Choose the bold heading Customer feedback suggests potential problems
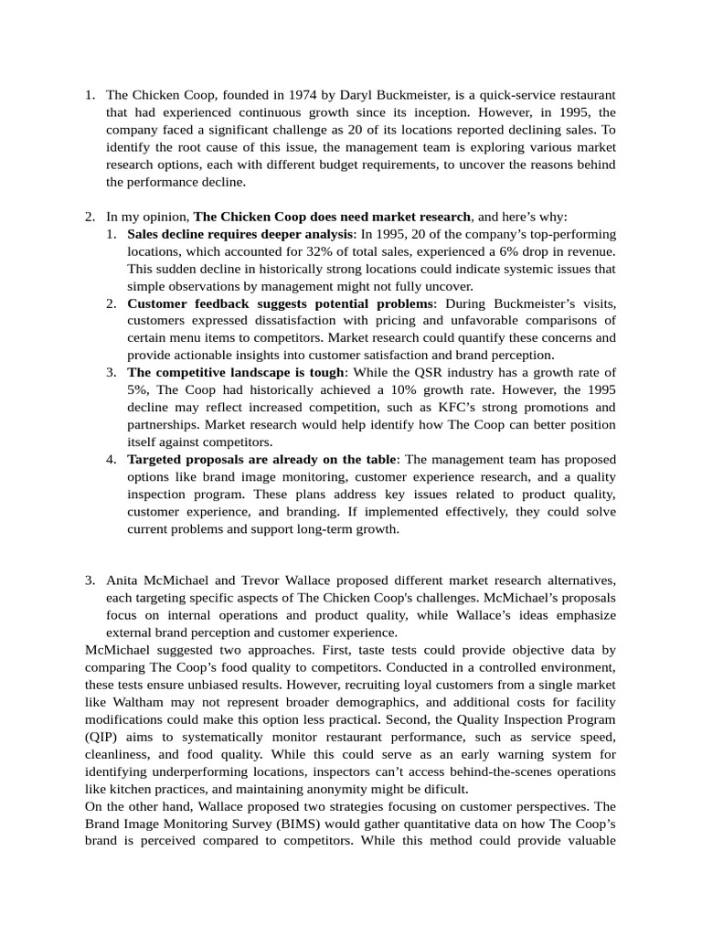pyautogui.click(x=280, y=303)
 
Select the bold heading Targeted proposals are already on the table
pyautogui.click(x=262, y=460)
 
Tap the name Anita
pyautogui.click(x=123, y=580)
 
